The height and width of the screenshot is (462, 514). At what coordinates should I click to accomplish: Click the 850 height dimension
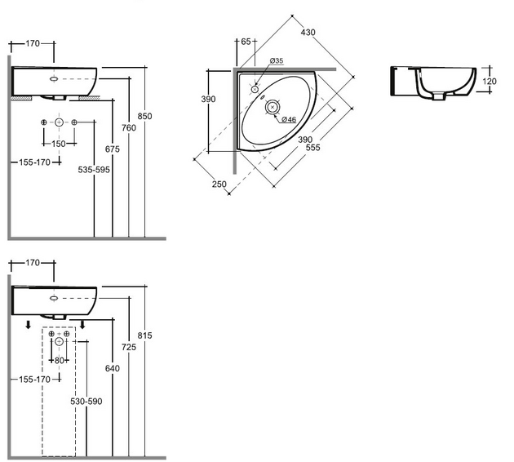pyautogui.click(x=144, y=116)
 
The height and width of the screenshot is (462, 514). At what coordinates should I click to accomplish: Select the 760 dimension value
pyautogui.click(x=129, y=127)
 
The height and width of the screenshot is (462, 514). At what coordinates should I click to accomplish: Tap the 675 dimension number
pyautogui.click(x=113, y=149)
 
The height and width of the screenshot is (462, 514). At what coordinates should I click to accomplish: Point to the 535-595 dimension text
pyautogui.click(x=94, y=171)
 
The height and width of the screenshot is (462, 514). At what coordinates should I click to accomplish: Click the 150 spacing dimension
pyautogui.click(x=59, y=144)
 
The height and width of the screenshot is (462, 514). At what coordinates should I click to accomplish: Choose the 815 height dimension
pyautogui.click(x=145, y=335)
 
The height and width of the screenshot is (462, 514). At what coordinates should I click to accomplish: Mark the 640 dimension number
pyautogui.click(x=113, y=369)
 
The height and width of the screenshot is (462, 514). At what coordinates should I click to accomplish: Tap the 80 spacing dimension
pyautogui.click(x=59, y=360)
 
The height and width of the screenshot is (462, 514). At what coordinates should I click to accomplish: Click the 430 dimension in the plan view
pyautogui.click(x=308, y=33)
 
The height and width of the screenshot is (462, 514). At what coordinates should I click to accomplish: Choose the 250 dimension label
pyautogui.click(x=219, y=184)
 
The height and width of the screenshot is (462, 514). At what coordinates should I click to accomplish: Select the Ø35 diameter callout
pyautogui.click(x=277, y=61)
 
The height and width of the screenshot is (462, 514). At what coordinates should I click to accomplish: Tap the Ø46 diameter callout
pyautogui.click(x=288, y=119)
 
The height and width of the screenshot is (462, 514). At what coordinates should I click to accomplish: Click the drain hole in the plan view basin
pyautogui.click(x=273, y=104)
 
